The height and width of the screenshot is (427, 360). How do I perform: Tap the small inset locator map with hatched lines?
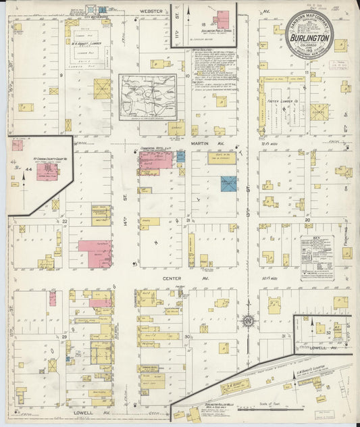pyautogui.click(x=148, y=96)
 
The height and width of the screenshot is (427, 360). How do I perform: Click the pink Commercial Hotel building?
pyautogui.click(x=156, y=160)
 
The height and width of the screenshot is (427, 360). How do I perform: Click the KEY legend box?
pyautogui.click(x=317, y=258)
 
